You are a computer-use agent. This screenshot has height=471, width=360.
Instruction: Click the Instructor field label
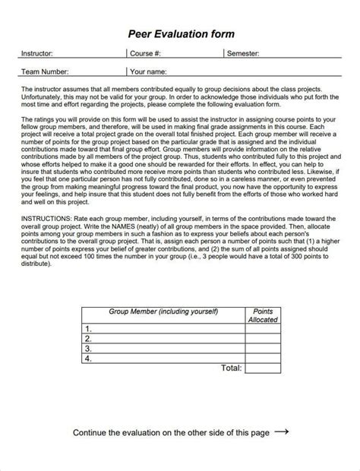[36, 54]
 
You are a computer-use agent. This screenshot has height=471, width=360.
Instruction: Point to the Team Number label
[45, 72]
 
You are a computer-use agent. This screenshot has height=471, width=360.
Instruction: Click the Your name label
[148, 72]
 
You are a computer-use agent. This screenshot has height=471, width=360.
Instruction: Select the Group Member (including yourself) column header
[163, 311]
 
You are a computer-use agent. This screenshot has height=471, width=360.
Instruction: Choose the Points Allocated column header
[263, 315]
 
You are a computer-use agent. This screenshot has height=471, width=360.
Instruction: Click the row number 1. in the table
[89, 328]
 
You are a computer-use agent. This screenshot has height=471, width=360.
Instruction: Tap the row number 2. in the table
[89, 338]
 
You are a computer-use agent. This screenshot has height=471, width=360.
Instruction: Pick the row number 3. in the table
[89, 348]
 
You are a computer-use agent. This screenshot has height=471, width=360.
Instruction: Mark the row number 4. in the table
[89, 358]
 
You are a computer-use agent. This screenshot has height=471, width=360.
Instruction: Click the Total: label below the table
[231, 368]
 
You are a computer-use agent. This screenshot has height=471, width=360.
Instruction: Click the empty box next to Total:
[263, 368]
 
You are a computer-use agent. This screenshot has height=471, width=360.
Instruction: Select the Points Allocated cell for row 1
[263, 328]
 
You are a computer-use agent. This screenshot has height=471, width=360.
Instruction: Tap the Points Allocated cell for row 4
[263, 358]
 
